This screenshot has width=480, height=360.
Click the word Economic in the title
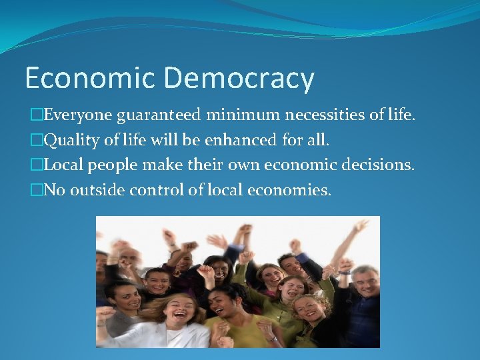coord(89,78)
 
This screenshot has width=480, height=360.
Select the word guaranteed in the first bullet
coord(159,116)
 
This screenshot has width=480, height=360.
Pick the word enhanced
coord(221,141)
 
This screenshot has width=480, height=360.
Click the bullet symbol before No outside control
coord(36,190)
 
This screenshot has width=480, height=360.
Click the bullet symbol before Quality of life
coord(36,141)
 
